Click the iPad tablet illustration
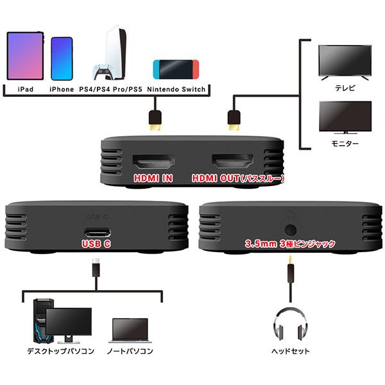[25, 56]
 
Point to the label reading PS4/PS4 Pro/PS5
[110, 90]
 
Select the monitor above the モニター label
[345, 116]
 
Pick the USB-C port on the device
[96, 233]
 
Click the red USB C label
[96, 244]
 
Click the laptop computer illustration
[131, 330]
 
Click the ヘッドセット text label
[291, 351]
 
